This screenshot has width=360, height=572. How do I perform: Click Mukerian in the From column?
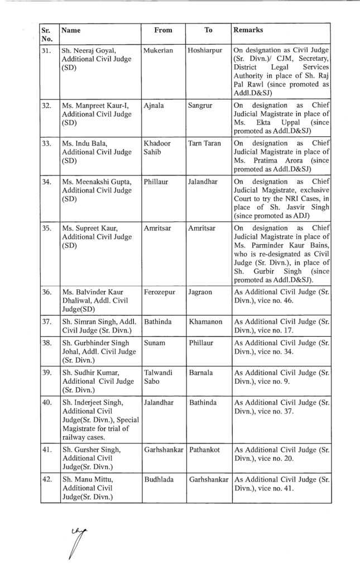click(158, 50)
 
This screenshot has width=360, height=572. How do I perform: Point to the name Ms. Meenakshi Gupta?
click(95, 182)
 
